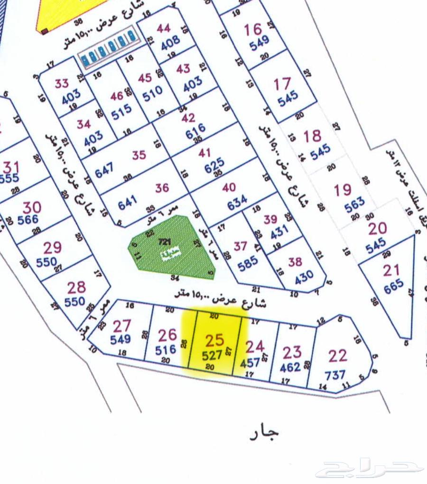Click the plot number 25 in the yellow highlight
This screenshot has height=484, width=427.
pyautogui.click(x=214, y=340)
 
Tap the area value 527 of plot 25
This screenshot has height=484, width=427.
pyautogui.click(x=212, y=355)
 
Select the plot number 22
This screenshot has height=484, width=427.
pyautogui.click(x=338, y=356)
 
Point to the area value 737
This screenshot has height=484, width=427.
pyautogui.click(x=335, y=375)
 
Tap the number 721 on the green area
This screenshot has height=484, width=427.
pyautogui.click(x=165, y=242)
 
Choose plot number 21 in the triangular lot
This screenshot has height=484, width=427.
pyautogui.click(x=391, y=270)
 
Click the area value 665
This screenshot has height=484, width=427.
pyautogui.click(x=394, y=285)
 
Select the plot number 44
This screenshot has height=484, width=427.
pyautogui.click(x=163, y=28)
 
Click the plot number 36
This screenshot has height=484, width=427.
pyautogui.click(x=162, y=188)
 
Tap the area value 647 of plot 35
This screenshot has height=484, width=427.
pyautogui.click(x=104, y=171)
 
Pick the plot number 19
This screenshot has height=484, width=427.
pyautogui.click(x=343, y=190)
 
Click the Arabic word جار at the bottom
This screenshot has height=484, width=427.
pyautogui.click(x=264, y=432)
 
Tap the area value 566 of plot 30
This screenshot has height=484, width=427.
pyautogui.click(x=28, y=220)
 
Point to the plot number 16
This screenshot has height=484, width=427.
pyautogui.click(x=253, y=29)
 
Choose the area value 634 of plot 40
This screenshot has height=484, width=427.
pyautogui.click(x=237, y=202)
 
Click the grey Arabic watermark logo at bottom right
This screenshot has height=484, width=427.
pyautogui.click(x=370, y=468)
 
